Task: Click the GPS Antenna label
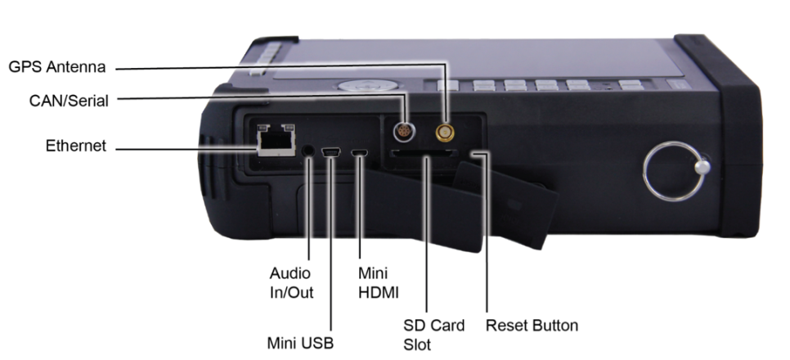[57, 67]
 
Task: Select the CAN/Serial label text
[69, 101]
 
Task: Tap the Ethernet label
[76, 146]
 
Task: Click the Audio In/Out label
[291, 283]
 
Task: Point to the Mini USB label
[300, 343]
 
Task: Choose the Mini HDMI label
[379, 283]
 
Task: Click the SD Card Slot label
[433, 335]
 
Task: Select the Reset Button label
[532, 325]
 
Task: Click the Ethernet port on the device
[276, 140]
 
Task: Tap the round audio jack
[307, 151]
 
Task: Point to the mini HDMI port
[360, 152]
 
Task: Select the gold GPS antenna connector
[445, 133]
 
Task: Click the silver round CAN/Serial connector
[403, 132]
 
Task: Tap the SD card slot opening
[423, 153]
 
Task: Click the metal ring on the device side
[645, 172]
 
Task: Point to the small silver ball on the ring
[702, 167]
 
